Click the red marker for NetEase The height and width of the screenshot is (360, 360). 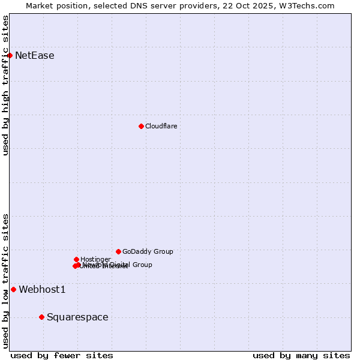[x=10, y=55]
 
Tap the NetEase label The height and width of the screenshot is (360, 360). [x=34, y=56]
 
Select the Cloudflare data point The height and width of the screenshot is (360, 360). [x=141, y=126]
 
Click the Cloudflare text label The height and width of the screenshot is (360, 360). [x=161, y=126]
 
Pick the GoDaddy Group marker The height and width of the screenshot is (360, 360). [x=118, y=251]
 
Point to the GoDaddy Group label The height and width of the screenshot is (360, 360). [x=148, y=251]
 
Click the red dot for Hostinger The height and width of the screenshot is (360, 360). [x=76, y=259]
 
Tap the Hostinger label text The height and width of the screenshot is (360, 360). [x=95, y=259]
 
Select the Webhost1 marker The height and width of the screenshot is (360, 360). [x=13, y=289]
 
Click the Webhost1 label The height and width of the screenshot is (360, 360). [x=42, y=290]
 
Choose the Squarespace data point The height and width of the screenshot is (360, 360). [x=41, y=317]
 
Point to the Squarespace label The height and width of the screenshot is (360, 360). [x=77, y=317]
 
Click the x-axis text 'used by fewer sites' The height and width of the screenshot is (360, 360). [x=62, y=355]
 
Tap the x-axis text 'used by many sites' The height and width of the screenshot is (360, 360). [x=301, y=355]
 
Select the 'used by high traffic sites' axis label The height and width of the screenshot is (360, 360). [x=5, y=85]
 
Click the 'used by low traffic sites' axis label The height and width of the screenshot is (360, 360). [x=5, y=281]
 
